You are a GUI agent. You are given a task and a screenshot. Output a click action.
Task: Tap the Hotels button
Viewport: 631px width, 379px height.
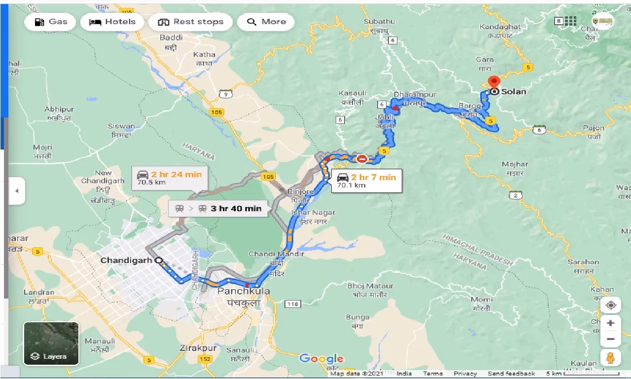[x=112, y=22]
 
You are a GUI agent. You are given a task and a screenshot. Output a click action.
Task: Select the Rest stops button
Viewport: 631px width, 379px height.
[x=190, y=22]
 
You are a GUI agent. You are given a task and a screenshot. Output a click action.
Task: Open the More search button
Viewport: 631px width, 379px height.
[x=266, y=22]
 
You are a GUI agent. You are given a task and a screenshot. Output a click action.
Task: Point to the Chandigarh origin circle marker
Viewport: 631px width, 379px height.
[x=158, y=260]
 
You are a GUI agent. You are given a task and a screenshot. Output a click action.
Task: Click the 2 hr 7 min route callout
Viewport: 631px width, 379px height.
[x=366, y=181]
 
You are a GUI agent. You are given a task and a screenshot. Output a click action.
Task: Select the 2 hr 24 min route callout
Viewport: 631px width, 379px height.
[x=170, y=178]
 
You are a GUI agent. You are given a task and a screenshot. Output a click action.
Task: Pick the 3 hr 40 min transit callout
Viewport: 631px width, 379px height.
[x=218, y=208]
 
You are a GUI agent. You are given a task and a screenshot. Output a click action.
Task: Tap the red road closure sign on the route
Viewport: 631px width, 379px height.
[x=362, y=158]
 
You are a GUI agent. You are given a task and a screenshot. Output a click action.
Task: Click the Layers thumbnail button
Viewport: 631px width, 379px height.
[x=51, y=343]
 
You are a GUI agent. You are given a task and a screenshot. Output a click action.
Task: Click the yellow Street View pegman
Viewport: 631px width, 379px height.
[x=610, y=357]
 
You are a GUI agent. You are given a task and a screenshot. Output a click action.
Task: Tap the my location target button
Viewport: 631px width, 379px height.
[x=610, y=305]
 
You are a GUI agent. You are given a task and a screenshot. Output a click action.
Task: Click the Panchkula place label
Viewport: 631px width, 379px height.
[x=244, y=291]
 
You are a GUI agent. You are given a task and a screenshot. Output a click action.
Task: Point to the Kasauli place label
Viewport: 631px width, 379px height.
[x=352, y=93]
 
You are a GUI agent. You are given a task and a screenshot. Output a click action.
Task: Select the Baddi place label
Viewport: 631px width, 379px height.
[x=172, y=38]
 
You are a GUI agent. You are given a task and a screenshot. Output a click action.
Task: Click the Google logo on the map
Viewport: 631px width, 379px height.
[x=321, y=359]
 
